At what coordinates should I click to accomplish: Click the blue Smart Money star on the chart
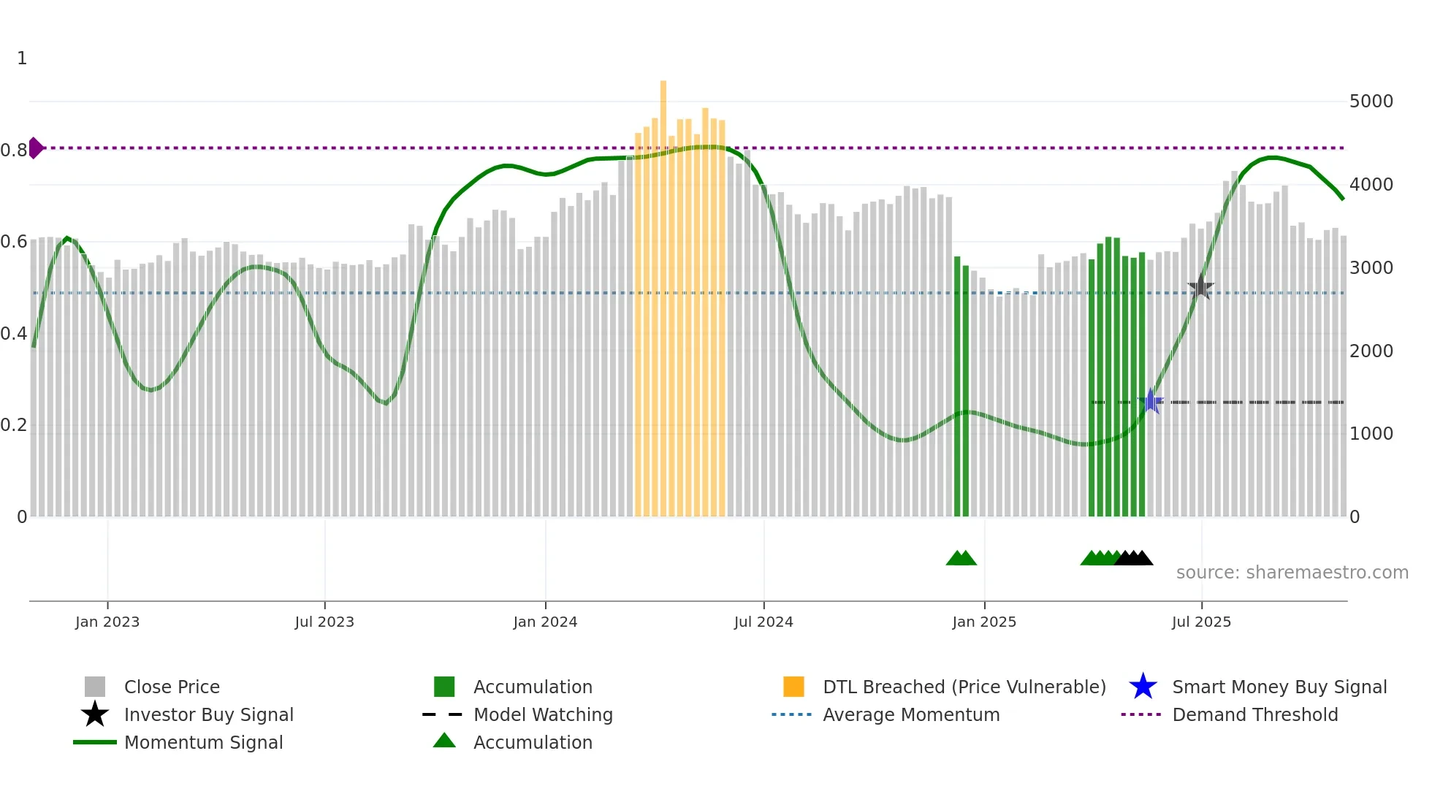coord(1151,401)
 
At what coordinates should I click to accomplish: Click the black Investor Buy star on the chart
coord(1200,288)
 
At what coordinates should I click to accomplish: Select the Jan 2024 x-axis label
coord(545,622)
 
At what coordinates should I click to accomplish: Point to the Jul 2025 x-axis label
coord(1201,622)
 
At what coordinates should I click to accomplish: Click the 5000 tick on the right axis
coord(1371,102)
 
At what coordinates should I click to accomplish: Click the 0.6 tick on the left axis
coord(14,242)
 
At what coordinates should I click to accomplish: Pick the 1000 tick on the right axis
coord(1371,434)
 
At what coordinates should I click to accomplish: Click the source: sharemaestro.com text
coord(1292,572)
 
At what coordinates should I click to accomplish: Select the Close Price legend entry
coord(172,687)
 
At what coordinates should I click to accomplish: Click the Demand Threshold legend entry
coord(1254,714)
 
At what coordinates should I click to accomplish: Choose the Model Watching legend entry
coord(542,714)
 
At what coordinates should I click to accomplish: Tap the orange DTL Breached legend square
coord(793,687)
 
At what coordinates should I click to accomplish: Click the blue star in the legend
coord(1143,687)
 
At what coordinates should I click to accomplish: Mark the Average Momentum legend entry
coord(910,714)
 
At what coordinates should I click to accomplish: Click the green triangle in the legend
coord(444,741)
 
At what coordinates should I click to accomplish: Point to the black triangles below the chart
coord(1134,558)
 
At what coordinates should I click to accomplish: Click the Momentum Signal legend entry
coord(203,742)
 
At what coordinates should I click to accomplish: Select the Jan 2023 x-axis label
coord(107,622)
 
